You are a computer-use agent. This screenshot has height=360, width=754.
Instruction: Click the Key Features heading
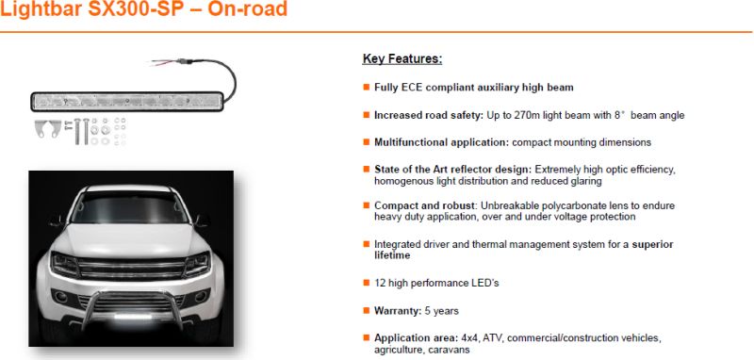tap(402, 58)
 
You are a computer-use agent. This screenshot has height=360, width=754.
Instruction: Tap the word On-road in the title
tap(248, 8)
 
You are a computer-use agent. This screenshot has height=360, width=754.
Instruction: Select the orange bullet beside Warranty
tap(367, 310)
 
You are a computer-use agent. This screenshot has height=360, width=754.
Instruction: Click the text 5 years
tap(441, 311)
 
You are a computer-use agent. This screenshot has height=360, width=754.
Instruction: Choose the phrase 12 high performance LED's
tap(436, 283)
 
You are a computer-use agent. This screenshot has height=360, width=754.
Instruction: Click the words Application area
tap(415, 338)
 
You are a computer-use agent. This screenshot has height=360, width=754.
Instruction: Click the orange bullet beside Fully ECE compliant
tap(367, 87)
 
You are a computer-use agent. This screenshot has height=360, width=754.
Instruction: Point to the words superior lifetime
tap(524, 250)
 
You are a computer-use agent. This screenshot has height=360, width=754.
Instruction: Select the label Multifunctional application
tap(441, 142)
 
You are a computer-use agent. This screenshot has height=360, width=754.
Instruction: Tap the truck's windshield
tap(130, 207)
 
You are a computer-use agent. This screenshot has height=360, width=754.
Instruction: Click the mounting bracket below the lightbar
tap(48, 128)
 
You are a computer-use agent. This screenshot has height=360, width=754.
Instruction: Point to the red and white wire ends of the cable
tap(163, 62)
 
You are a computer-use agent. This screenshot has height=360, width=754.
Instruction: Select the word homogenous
tap(399, 181)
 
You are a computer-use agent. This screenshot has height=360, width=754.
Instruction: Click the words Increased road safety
tap(429, 115)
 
